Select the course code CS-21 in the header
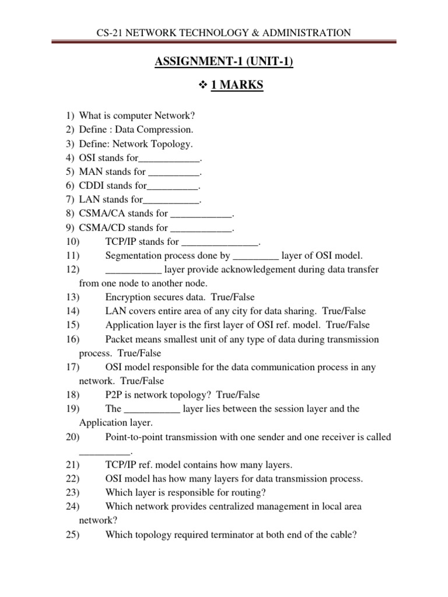(109, 33)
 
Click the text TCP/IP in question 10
(119, 241)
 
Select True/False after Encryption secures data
(233, 297)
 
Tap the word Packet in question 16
(119, 339)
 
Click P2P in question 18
(115, 395)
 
